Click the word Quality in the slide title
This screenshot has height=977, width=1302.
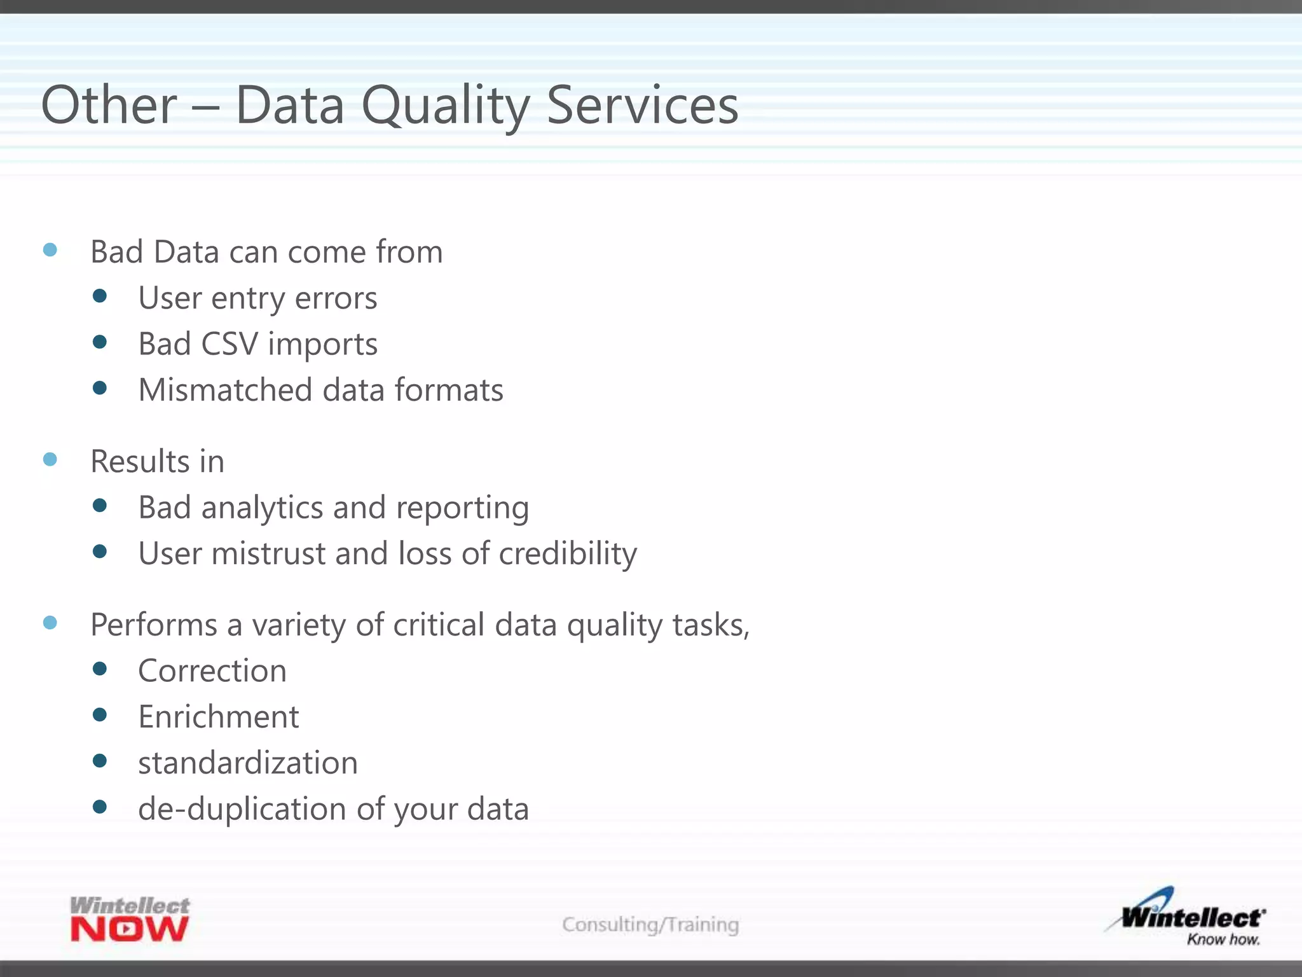tap(445, 106)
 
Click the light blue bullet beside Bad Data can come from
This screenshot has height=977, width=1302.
tap(50, 250)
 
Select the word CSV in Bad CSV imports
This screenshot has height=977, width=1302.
tap(229, 344)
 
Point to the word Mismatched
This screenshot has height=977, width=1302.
tap(224, 390)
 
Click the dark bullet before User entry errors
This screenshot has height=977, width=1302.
tap(100, 296)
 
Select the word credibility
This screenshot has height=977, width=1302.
tap(567, 553)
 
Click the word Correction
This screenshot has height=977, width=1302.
tap(212, 671)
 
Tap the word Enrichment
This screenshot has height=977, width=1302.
tap(218, 717)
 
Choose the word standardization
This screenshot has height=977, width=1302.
tap(248, 763)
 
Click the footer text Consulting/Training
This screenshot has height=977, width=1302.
tap(650, 924)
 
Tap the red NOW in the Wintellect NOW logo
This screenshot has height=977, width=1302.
tap(130, 930)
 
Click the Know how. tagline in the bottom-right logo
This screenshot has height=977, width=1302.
tap(1223, 939)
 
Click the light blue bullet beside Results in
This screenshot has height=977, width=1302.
tap(50, 459)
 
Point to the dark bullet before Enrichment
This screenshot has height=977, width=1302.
tap(100, 715)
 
